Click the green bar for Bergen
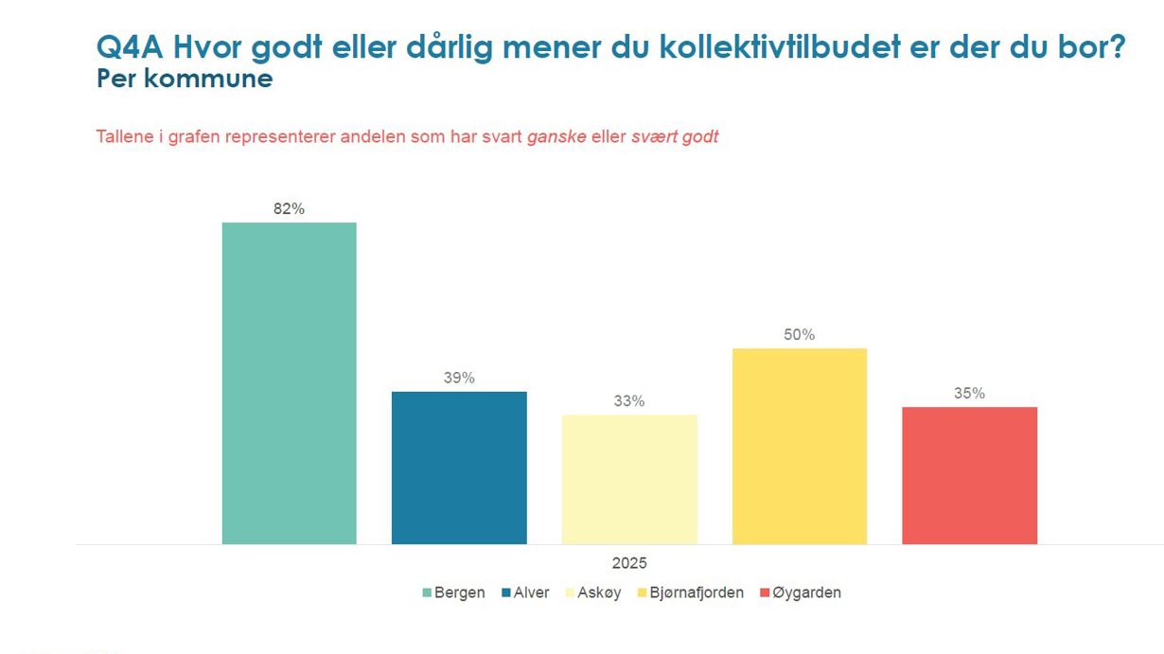pyautogui.click(x=289, y=383)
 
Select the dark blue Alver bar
pyautogui.click(x=459, y=468)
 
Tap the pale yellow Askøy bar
pyautogui.click(x=629, y=479)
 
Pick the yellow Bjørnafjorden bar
pyautogui.click(x=800, y=446)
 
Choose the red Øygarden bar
pyautogui.click(x=969, y=475)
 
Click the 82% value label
pyautogui.click(x=289, y=209)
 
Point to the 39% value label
pyautogui.click(x=459, y=378)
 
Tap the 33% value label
pyautogui.click(x=629, y=401)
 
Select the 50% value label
pyautogui.click(x=800, y=335)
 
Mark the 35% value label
pyautogui.click(x=969, y=394)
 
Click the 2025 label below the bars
pyautogui.click(x=629, y=563)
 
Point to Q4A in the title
pyautogui.click(x=130, y=47)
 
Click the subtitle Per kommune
pyautogui.click(x=185, y=79)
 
